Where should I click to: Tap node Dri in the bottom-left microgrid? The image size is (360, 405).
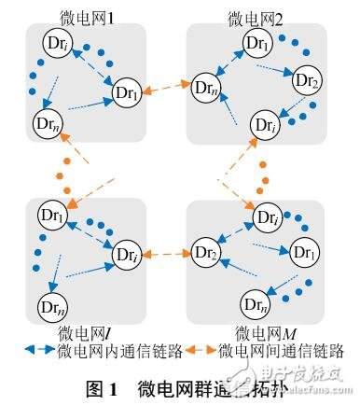point(127,253)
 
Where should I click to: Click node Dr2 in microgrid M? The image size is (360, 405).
point(206,253)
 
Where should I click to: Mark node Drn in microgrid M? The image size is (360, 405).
point(255,303)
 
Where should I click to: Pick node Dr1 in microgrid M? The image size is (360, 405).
point(304,253)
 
